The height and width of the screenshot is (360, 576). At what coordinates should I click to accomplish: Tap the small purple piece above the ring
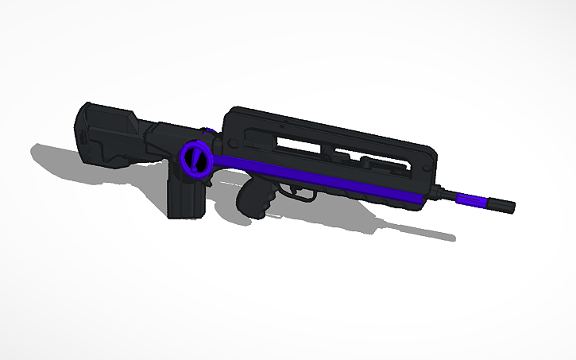(x=210, y=129)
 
